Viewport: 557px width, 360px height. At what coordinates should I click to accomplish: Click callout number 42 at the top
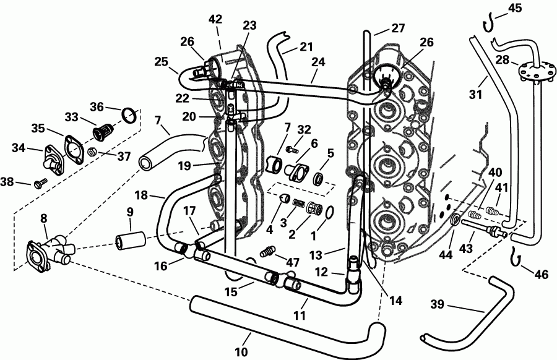click(x=215, y=19)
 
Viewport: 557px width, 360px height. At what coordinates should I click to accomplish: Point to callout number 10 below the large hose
click(x=241, y=352)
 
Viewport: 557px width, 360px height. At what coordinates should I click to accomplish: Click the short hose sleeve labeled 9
click(x=131, y=238)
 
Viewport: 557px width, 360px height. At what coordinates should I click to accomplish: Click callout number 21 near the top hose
click(x=306, y=46)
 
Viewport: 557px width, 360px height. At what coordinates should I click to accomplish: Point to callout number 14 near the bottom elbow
click(x=395, y=301)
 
